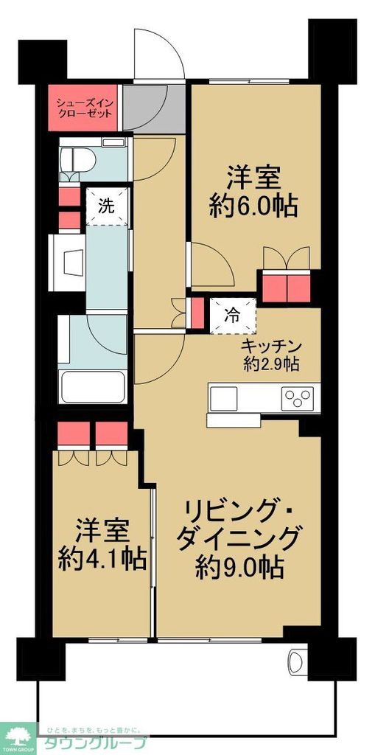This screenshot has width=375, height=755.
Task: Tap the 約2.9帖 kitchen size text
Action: point(271,363)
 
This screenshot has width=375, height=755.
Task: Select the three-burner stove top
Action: point(298,399)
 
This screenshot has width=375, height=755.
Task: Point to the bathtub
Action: point(94,385)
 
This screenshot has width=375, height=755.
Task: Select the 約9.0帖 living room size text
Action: point(240,566)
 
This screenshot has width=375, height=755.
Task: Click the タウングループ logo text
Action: point(96,742)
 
